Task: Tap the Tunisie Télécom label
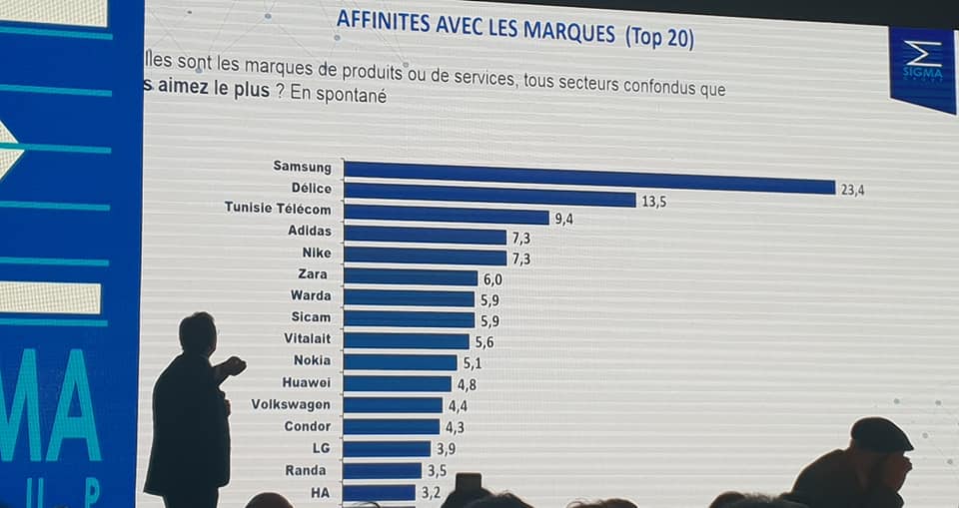[278, 209]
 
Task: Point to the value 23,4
[852, 189]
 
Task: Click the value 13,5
[654, 202]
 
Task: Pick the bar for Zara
[411, 276]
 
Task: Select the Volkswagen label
[291, 404]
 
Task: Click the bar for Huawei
[398, 383]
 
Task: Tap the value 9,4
[564, 220]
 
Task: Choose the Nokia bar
[401, 361]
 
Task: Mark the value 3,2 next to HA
[431, 492]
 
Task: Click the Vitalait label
[307, 338]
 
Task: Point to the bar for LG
[388, 449]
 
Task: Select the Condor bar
[392, 427]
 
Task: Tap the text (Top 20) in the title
[659, 37]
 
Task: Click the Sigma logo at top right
[923, 64]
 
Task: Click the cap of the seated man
[879, 434]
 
